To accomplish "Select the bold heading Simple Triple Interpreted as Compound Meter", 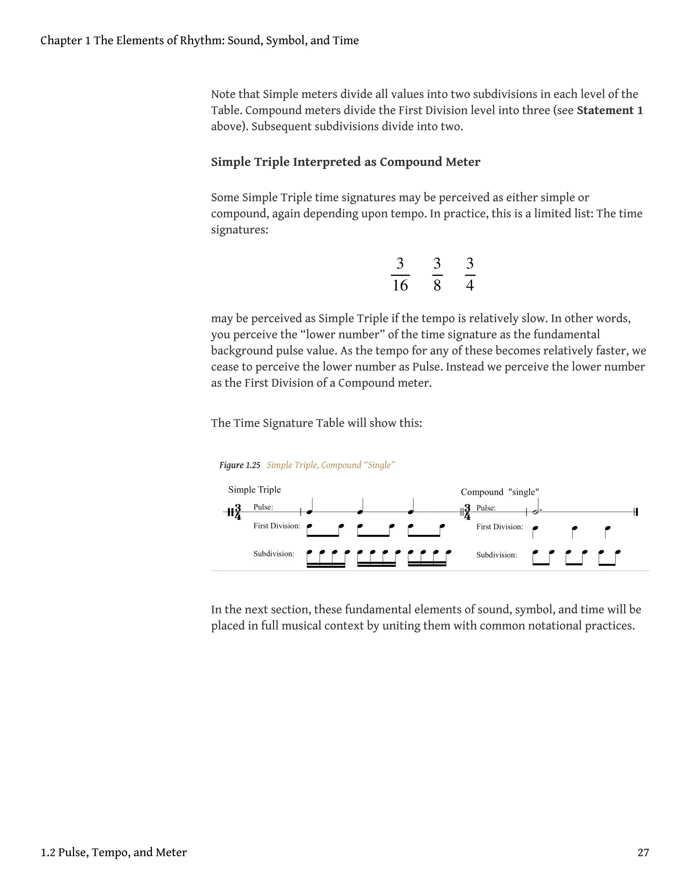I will [345, 162].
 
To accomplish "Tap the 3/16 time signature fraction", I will [400, 274].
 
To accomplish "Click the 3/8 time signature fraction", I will [437, 274].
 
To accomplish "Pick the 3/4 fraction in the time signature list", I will [470, 274].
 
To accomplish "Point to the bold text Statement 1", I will [610, 111].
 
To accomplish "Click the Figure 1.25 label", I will [240, 465].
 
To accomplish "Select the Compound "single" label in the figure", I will [500, 492].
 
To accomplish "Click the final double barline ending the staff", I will [636, 512].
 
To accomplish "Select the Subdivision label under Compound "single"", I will [496, 555].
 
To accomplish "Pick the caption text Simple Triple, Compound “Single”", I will [331, 465].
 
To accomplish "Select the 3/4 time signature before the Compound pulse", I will [467, 512].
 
